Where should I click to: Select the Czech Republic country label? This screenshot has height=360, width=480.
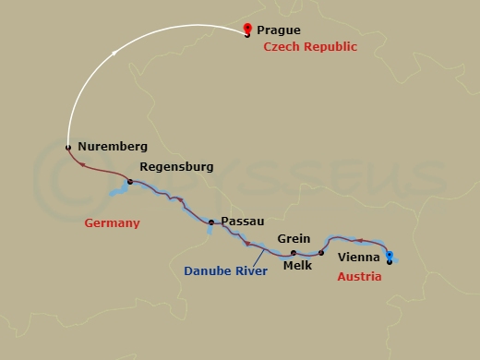coord(310,46)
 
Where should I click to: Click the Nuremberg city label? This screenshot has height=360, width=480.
coord(113,147)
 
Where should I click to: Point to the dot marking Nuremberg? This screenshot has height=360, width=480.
coord(68,147)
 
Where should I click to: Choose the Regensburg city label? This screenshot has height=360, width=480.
coord(175,167)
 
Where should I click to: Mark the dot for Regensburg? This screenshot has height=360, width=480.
coord(130,182)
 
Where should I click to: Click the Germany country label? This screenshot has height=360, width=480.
coord(111,223)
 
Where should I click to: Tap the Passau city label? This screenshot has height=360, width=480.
coord(244,222)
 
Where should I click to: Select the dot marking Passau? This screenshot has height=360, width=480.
coord(211,222)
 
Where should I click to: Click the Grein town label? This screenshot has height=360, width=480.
coord(294,238)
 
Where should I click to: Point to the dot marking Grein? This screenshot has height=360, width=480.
coord(293,252)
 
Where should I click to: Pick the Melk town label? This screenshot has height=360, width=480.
coord(297,266)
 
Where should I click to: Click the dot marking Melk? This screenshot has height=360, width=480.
coord(321,252)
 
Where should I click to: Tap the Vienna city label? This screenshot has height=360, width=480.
coord(359,258)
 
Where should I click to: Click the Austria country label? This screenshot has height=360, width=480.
coord(359,276)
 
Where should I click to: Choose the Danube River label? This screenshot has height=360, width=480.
coord(226,271)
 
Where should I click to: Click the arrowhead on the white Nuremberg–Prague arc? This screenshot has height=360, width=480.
coord(114,54)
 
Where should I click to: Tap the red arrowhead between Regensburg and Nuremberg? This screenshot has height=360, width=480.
coord(82,165)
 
